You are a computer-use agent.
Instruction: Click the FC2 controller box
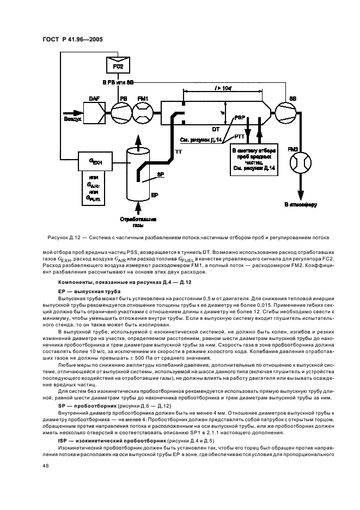[114, 66]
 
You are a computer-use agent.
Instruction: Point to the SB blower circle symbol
[284, 112]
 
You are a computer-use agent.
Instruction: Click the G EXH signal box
[95, 161]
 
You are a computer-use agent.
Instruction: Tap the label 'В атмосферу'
[299, 205]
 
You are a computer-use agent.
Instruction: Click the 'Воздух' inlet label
[72, 118]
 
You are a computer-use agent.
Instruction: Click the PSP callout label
[239, 117]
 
